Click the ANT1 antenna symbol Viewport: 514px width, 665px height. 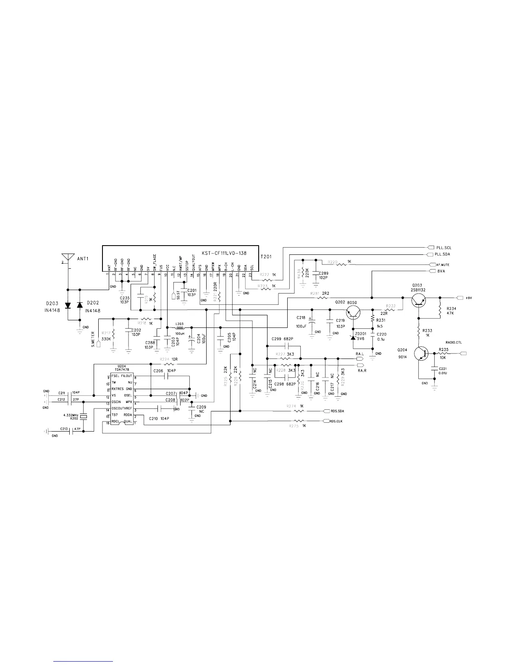pyautogui.click(x=68, y=257)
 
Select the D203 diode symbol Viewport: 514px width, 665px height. pyautogui.click(x=68, y=305)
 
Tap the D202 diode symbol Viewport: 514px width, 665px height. pyautogui.click(x=80, y=305)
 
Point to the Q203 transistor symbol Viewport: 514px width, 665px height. pyautogui.click(x=418, y=299)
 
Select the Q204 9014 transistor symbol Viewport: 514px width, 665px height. pyautogui.click(x=420, y=353)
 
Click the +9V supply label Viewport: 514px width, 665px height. pyautogui.click(x=469, y=298)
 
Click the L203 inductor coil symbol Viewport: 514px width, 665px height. pyautogui.click(x=180, y=327)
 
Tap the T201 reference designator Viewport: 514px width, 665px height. pyautogui.click(x=266, y=256)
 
